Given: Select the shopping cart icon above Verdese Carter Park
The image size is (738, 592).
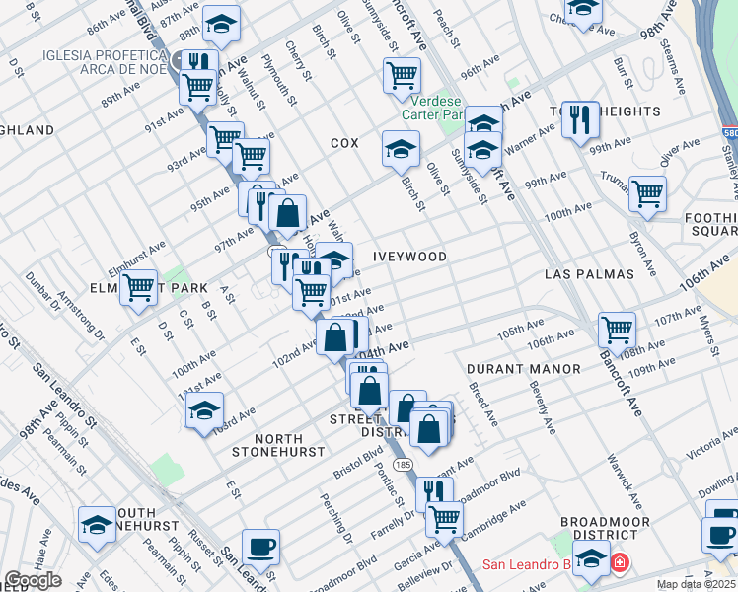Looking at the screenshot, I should tap(402, 75).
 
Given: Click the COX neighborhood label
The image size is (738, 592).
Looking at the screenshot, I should tap(344, 143).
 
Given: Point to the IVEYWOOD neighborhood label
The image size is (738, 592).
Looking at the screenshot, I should tap(409, 257).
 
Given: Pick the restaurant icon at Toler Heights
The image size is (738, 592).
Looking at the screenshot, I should tap(580, 120).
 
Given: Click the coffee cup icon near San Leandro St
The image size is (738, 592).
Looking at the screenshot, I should tap(260, 546).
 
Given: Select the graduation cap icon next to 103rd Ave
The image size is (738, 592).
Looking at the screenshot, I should tap(203, 409).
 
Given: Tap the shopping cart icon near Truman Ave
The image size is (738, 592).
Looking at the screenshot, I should tap(647, 193).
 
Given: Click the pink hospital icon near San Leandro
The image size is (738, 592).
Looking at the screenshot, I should tap(618, 563).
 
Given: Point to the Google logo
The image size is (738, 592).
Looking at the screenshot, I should tap(33, 580).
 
